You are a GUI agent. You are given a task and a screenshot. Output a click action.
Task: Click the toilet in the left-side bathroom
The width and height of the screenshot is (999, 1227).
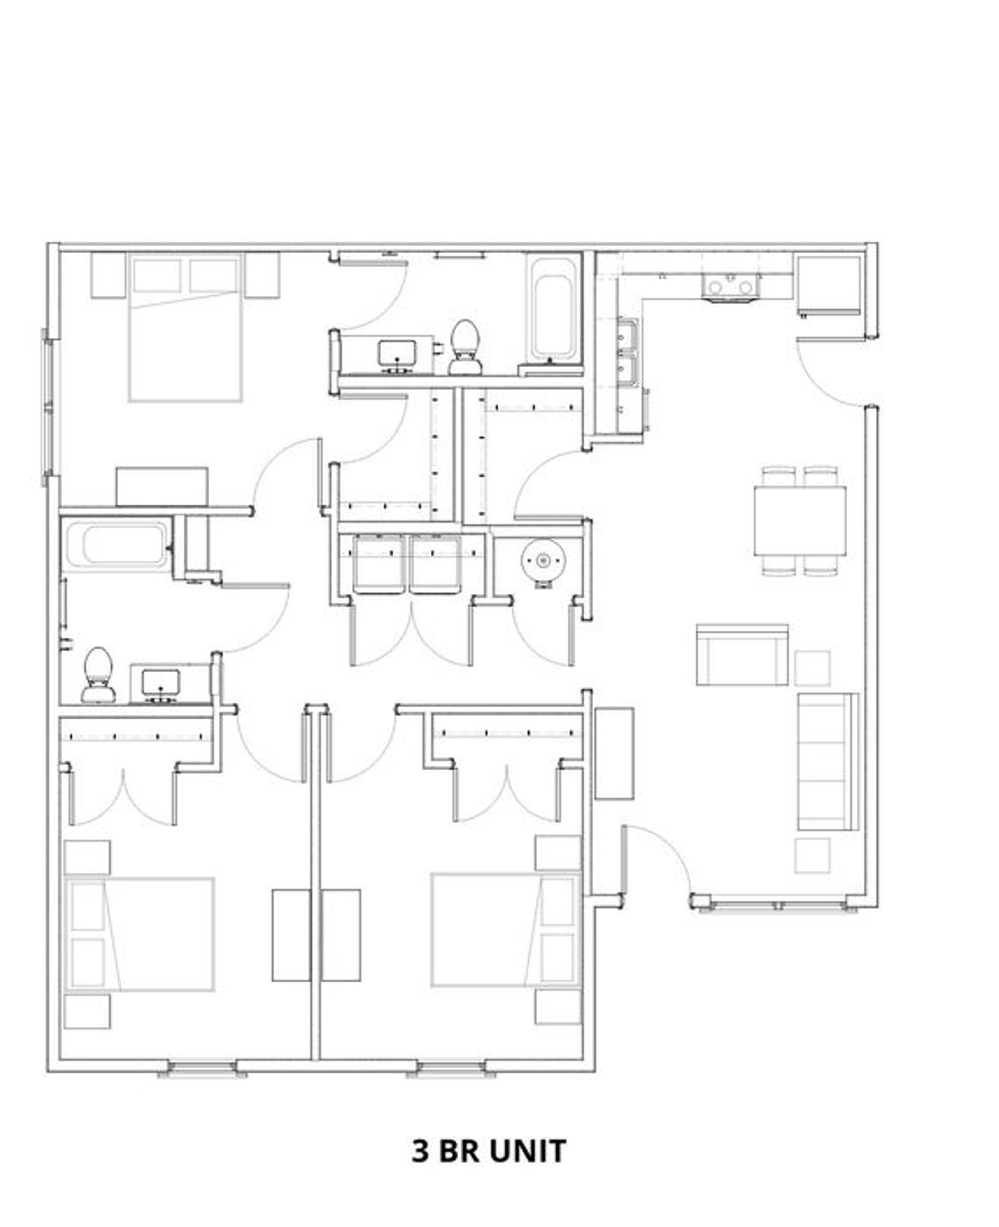tap(98, 676)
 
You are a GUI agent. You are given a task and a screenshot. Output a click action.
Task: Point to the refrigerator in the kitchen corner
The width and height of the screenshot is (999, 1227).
tap(829, 285)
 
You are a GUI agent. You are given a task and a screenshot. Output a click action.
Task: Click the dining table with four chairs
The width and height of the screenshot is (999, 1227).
tap(800, 521)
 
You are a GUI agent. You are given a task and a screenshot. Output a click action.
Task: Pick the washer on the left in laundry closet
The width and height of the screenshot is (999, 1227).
tap(378, 564)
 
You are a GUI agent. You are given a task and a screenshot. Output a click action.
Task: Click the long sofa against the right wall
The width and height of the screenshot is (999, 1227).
tap(825, 762)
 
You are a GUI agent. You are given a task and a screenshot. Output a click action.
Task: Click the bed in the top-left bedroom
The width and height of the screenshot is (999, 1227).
tap(185, 328)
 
